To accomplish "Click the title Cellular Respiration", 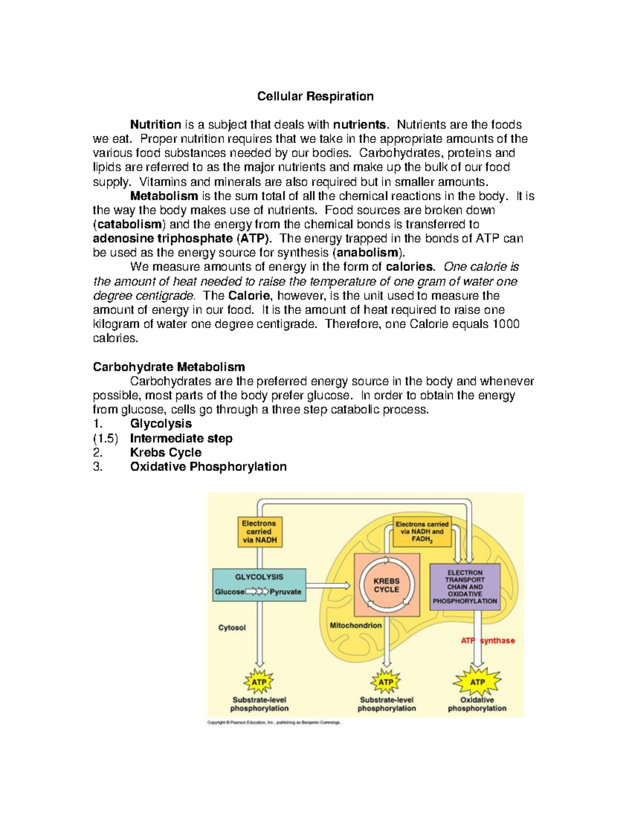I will point(315,96).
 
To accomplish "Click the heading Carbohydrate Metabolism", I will point(169,367).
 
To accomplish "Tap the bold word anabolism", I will point(368,253).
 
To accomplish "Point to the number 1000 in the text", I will point(506,324).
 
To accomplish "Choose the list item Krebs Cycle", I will point(165,452).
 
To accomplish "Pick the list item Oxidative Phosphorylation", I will point(208,467).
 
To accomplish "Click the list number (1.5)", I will point(105,438).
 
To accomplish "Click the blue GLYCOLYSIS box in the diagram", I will point(259,585).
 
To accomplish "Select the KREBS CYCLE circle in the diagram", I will point(387,585).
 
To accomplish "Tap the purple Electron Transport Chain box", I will point(465,587).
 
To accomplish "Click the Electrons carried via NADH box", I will point(259,531).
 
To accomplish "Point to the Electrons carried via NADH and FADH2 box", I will point(422,531).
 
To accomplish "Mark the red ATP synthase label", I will point(488,640).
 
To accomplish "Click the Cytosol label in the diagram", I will point(232,628).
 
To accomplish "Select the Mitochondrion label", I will point(355,625).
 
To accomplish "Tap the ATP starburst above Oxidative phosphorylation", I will point(477,682).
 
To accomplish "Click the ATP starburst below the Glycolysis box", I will point(259,682).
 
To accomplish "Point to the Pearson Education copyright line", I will point(274,723).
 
